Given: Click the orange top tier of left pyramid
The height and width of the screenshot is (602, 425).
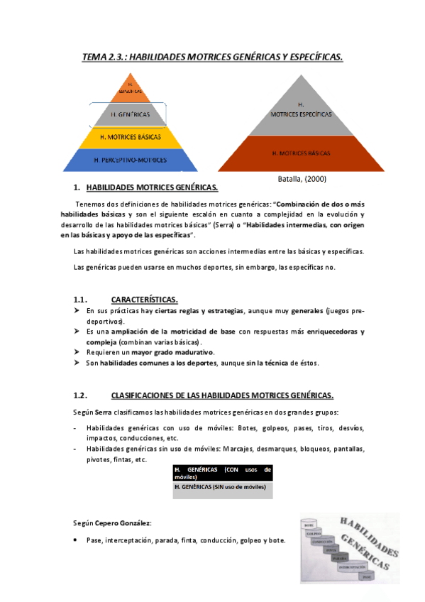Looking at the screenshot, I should [x=129, y=89].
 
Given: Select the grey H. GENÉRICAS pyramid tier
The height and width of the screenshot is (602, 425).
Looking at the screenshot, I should [x=129, y=114].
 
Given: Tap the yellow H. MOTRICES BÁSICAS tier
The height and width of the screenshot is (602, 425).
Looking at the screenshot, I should [x=129, y=136].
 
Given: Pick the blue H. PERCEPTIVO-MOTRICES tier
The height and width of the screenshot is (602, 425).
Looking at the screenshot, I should [x=129, y=160].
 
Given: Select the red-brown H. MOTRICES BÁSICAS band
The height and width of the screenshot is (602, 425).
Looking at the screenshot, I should [x=301, y=153].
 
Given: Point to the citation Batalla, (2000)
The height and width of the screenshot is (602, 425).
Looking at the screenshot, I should [x=301, y=179].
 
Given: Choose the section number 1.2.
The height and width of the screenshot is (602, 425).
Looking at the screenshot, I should [x=79, y=395].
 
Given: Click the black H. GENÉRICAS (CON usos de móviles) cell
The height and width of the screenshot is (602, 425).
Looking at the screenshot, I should [x=222, y=474].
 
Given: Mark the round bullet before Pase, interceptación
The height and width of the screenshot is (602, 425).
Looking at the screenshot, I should [x=76, y=540].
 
